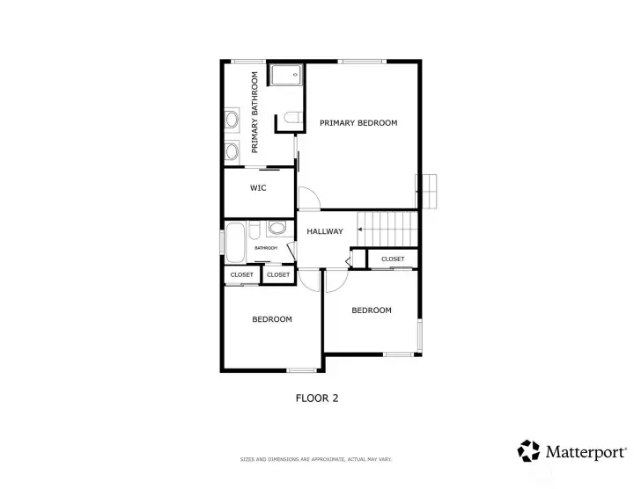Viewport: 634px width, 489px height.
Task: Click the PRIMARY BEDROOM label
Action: coord(358,123)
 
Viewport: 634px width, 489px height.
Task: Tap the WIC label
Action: coord(258,188)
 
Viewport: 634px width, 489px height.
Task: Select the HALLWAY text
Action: coord(324,232)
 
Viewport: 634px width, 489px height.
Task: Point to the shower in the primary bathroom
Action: coord(285,74)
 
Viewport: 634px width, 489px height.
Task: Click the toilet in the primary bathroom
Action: coord(291,117)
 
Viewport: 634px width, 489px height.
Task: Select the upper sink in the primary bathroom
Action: coord(232,118)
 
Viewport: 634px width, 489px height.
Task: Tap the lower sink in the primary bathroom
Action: coord(232,150)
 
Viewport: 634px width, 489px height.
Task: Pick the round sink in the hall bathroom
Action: coord(276,229)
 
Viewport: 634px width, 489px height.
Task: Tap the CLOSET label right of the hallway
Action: coord(393,259)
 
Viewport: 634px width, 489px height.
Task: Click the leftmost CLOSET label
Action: coord(241,275)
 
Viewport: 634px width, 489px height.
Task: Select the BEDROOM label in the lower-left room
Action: coord(272,319)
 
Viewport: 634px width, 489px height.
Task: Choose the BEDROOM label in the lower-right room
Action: coord(371,310)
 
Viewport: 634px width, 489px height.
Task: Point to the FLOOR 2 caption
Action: coord(316,398)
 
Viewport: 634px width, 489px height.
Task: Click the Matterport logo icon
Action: coord(528,451)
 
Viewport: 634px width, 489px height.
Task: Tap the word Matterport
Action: coord(585,452)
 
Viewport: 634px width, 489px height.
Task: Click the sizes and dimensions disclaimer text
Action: coord(316,459)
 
